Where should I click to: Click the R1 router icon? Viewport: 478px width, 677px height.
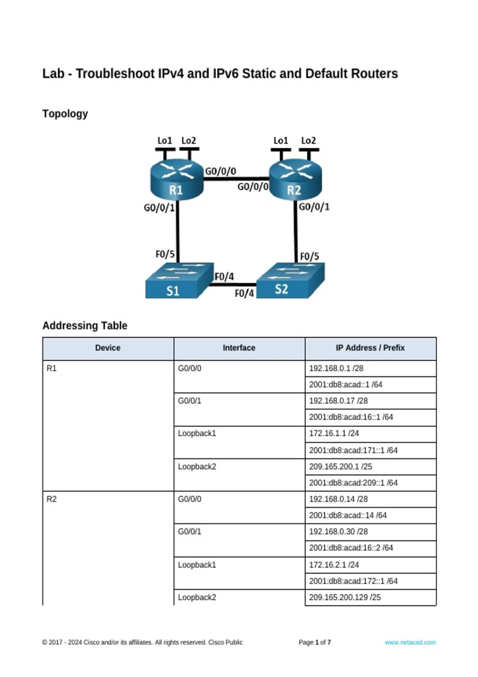[176, 180]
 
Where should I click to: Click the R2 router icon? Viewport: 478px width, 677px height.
[295, 180]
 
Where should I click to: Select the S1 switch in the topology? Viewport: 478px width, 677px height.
[180, 281]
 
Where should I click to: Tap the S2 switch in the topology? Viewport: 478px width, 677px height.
[290, 280]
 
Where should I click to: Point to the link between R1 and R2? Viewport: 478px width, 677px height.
[236, 179]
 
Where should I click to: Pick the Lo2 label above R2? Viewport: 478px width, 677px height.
[308, 141]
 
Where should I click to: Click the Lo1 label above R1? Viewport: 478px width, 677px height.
[165, 141]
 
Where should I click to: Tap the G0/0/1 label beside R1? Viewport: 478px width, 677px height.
[159, 208]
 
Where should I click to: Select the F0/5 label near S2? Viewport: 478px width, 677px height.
[309, 256]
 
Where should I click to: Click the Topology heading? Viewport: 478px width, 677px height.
[65, 113]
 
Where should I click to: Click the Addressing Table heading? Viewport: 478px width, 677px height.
[85, 325]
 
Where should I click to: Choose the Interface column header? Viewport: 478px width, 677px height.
[239, 348]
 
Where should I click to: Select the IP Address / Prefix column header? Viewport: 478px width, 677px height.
[370, 348]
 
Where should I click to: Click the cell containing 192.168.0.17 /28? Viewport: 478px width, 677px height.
[371, 401]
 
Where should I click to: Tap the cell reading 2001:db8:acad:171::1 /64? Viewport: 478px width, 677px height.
[371, 450]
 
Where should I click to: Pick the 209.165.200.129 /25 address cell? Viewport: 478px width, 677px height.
[371, 597]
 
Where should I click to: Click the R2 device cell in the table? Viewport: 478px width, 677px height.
[108, 548]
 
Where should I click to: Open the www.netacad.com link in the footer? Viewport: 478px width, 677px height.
[410, 642]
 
